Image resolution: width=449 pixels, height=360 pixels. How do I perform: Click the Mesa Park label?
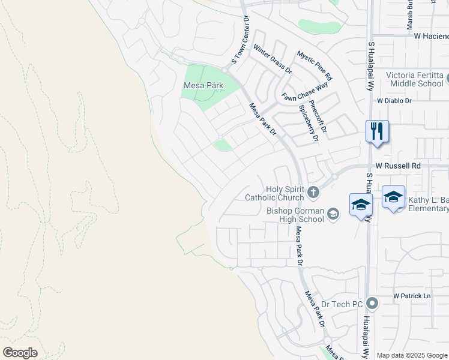(203, 86)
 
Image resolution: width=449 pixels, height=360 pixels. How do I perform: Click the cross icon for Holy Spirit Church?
(313, 193)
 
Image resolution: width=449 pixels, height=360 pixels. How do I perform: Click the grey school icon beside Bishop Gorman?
(334, 213)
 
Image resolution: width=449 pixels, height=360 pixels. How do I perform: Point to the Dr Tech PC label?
(342, 304)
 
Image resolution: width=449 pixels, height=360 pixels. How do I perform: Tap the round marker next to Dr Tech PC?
(372, 304)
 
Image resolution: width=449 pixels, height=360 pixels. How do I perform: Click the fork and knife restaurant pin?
(377, 131)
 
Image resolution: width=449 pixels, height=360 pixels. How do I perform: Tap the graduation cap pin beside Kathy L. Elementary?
(393, 197)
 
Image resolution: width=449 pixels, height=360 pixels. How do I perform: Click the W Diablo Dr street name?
(394, 101)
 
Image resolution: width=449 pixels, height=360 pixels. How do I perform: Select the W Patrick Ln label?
(412, 296)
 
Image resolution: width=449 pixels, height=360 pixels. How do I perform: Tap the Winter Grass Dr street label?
(272, 58)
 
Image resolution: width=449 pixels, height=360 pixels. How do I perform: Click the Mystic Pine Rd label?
(315, 65)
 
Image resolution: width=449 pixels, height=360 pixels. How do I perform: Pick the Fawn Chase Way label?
(305, 91)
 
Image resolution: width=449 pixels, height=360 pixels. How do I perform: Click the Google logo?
(20, 353)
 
